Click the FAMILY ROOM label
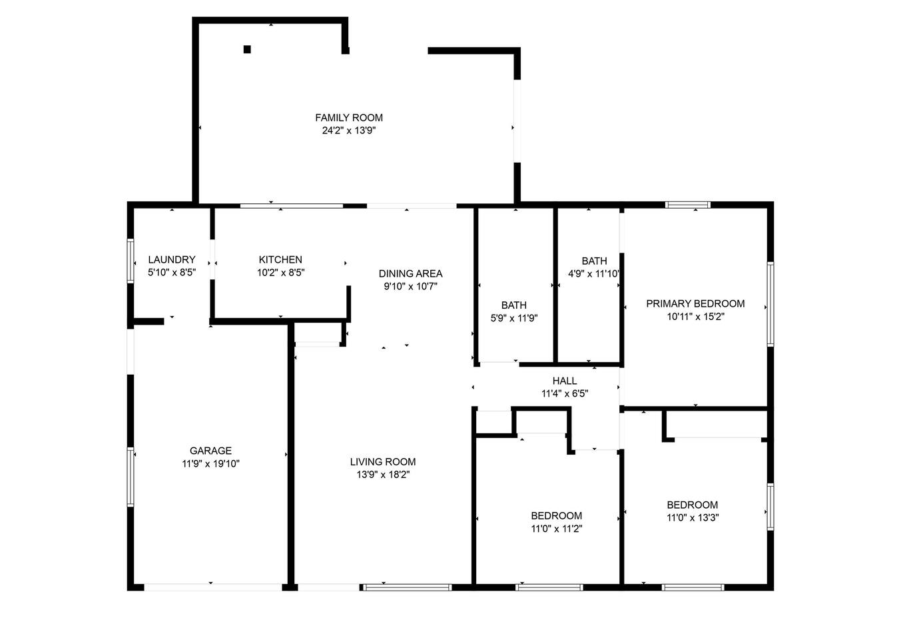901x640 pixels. point(349,117)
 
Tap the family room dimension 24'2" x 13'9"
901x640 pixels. point(349,131)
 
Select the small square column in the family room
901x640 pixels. point(247,49)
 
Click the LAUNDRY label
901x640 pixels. point(172,260)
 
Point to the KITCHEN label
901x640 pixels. point(280,260)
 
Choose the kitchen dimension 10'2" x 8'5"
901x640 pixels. point(281,273)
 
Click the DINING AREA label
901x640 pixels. point(410,274)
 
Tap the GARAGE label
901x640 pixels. point(210,451)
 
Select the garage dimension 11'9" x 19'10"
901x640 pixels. point(210,463)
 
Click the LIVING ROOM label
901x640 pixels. point(382,462)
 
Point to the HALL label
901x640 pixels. point(564,381)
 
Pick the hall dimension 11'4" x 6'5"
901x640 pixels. point(564,393)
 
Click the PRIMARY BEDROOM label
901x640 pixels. point(695,304)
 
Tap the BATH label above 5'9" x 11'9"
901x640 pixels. point(513,305)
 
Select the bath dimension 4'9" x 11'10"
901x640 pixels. point(594,274)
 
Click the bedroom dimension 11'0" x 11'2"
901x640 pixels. point(556,529)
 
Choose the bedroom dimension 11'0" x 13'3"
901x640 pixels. point(693,517)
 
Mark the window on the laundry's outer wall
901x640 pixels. point(131,261)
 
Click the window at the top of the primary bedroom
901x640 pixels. point(687,205)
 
